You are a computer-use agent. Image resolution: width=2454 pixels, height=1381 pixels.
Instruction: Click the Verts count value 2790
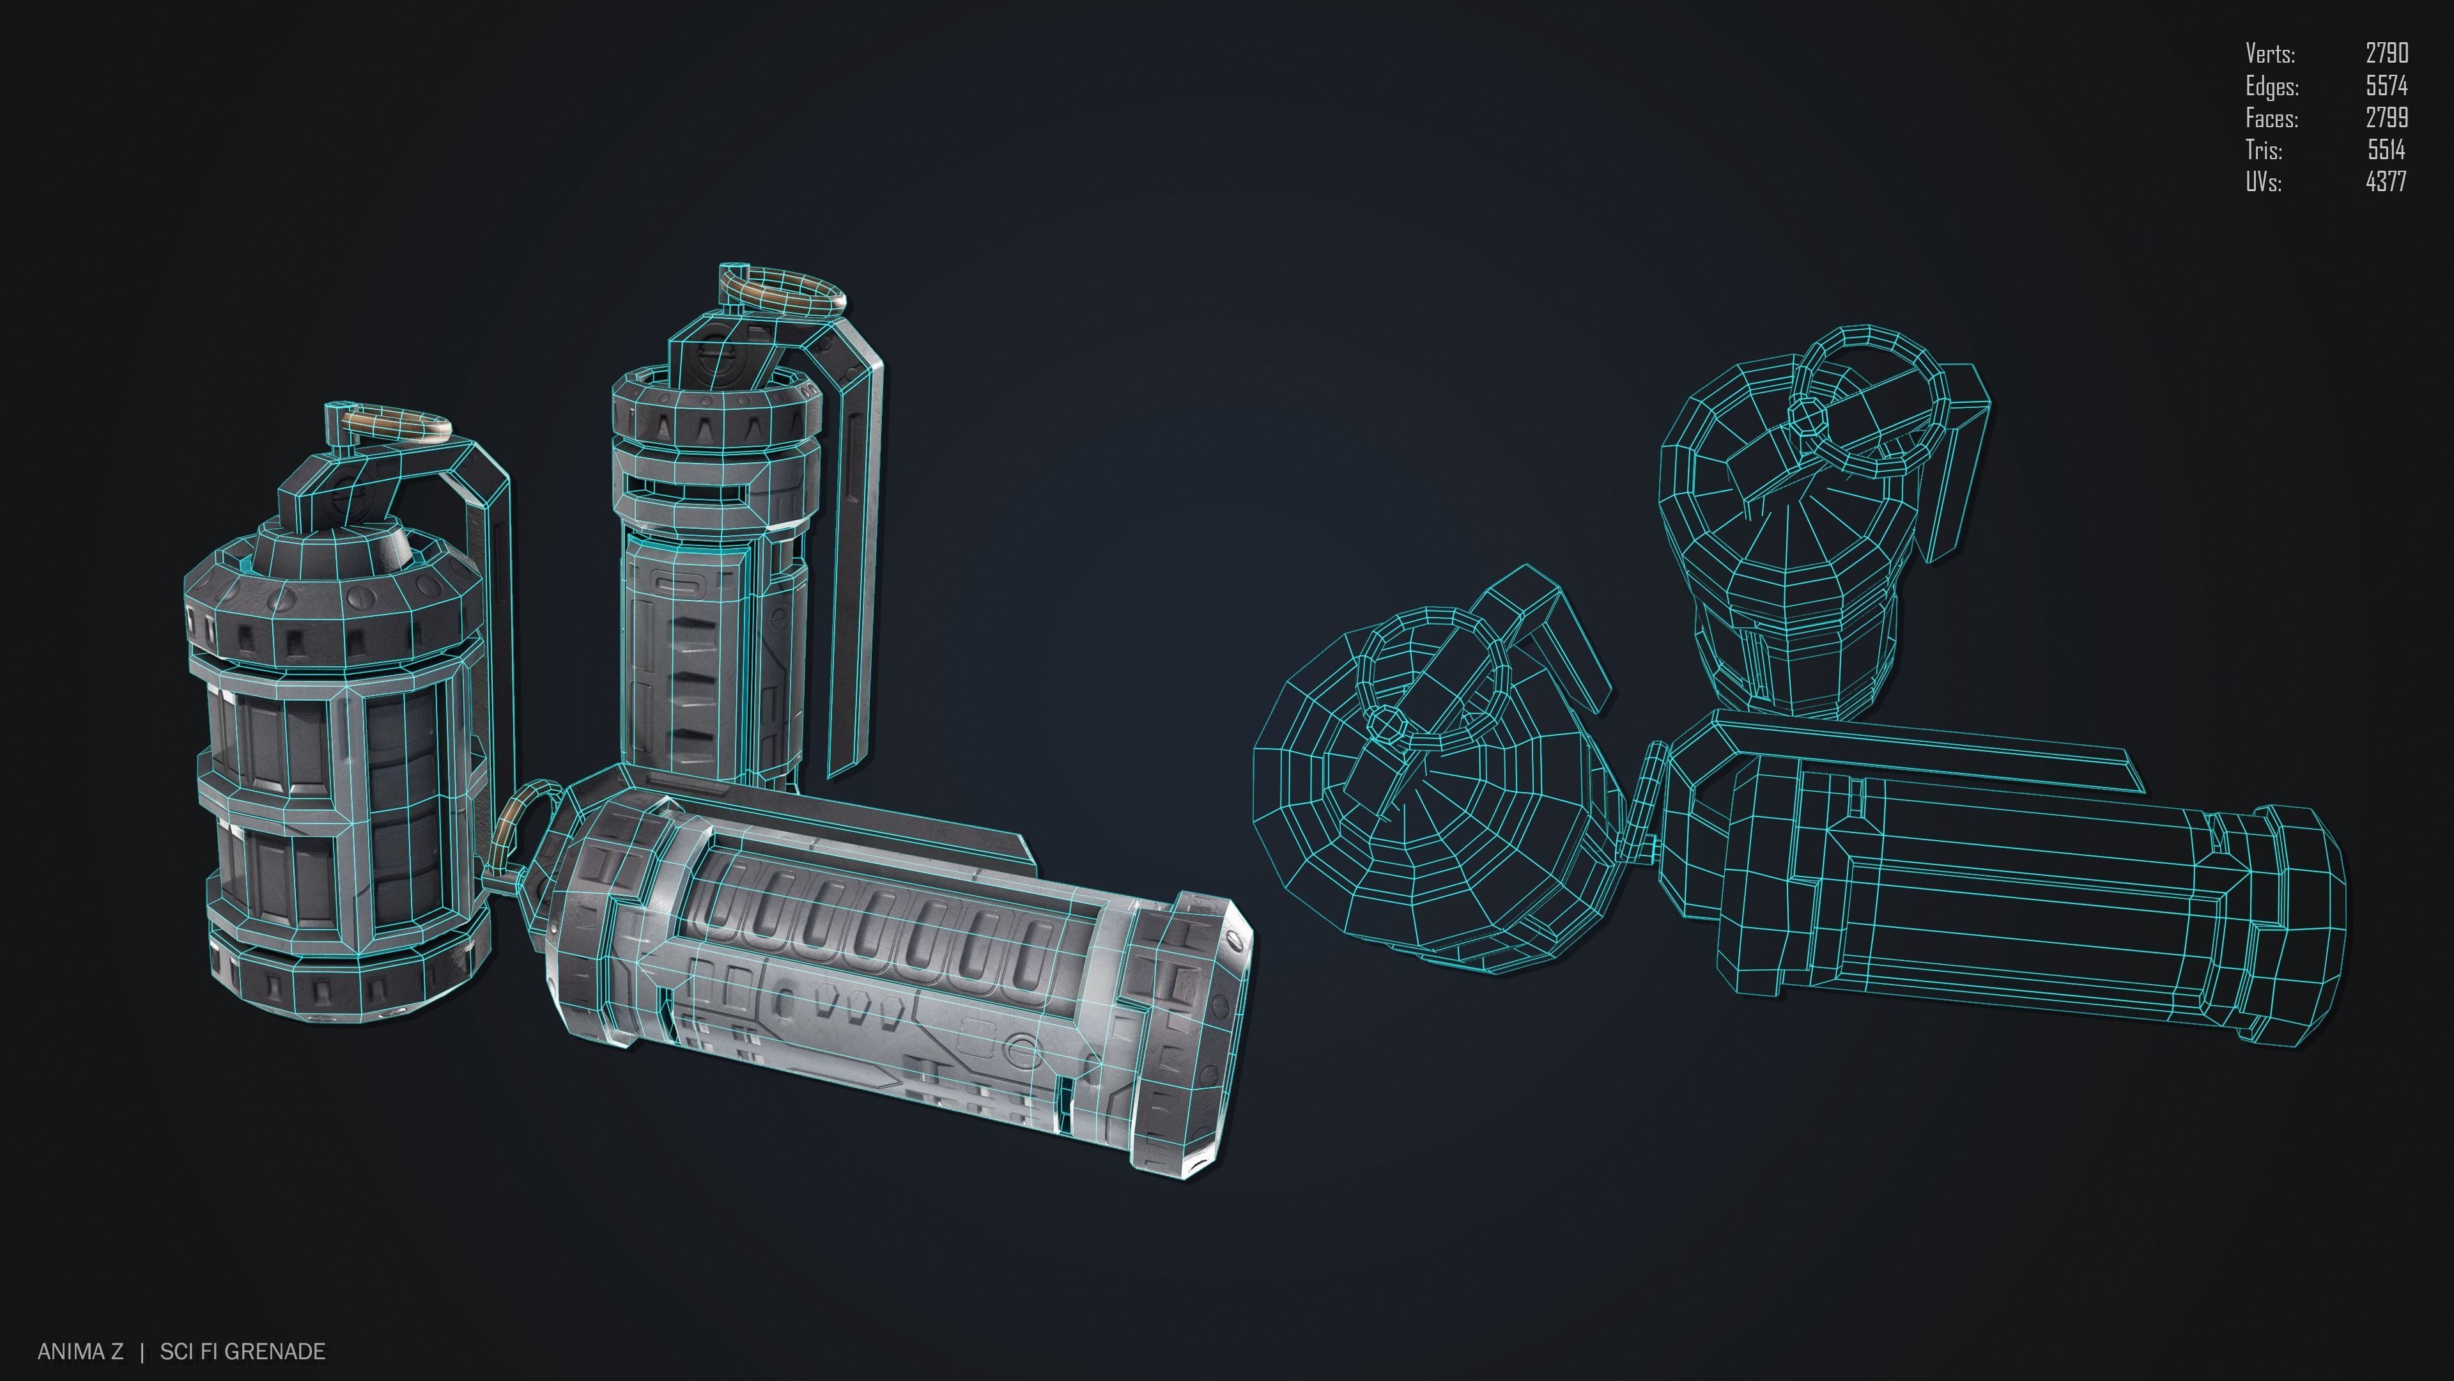[x=2386, y=53]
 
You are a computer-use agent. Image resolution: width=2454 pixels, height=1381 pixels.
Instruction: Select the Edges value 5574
[x=2386, y=86]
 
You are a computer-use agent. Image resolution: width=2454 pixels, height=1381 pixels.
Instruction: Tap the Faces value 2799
[x=2386, y=117]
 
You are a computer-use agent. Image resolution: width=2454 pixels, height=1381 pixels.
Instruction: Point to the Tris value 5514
[x=2386, y=150]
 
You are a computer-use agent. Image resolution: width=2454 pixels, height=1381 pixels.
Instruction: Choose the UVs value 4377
[x=2386, y=181]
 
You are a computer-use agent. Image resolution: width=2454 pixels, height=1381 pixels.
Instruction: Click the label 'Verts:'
[x=2269, y=53]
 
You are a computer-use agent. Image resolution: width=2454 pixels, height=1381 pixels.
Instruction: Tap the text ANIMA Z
[x=80, y=1352]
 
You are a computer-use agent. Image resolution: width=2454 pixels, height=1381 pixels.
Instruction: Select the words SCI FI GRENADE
[x=242, y=1352]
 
